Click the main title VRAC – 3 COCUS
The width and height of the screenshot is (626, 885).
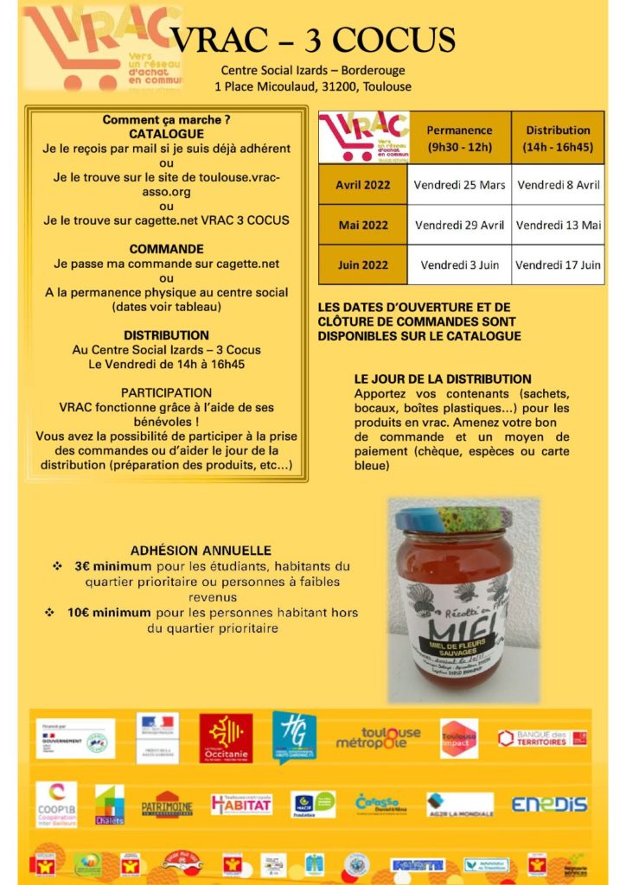point(312,39)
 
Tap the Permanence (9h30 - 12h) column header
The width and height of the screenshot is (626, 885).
point(459,138)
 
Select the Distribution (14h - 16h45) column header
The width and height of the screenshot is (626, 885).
point(558,138)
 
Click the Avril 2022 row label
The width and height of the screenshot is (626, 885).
point(363,184)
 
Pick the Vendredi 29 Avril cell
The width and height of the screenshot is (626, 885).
point(459,225)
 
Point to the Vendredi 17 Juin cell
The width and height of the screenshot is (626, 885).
point(558,265)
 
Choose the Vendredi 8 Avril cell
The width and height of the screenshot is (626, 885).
point(558,184)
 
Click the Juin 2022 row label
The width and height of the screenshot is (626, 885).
point(363,265)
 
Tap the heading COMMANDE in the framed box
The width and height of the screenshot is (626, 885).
point(166,249)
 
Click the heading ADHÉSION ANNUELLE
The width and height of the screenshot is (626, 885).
point(201,550)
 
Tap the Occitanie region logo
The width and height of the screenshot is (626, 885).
point(226,737)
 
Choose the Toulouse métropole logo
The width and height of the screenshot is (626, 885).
point(378,737)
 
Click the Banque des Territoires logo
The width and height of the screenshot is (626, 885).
point(542,738)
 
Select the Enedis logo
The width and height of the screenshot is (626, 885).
point(549,804)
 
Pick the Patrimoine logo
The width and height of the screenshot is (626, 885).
point(167,804)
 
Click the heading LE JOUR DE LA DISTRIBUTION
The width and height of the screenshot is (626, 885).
point(443,379)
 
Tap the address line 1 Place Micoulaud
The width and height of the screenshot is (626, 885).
point(313,86)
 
